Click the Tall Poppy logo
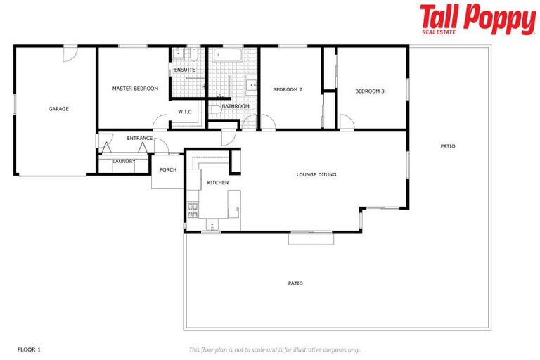click(477, 19)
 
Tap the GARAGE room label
click(58, 109)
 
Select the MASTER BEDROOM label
click(135, 89)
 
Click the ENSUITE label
click(184, 70)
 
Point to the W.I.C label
click(185, 111)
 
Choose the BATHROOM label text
click(235, 106)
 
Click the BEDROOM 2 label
click(287, 89)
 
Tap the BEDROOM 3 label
click(369, 91)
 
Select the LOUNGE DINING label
click(316, 174)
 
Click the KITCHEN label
click(217, 183)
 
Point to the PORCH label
click(168, 169)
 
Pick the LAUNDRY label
click(124, 161)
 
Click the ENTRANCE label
click(139, 138)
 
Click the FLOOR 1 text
click(29, 349)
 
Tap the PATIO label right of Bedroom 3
click(447, 146)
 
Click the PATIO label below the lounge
click(295, 283)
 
